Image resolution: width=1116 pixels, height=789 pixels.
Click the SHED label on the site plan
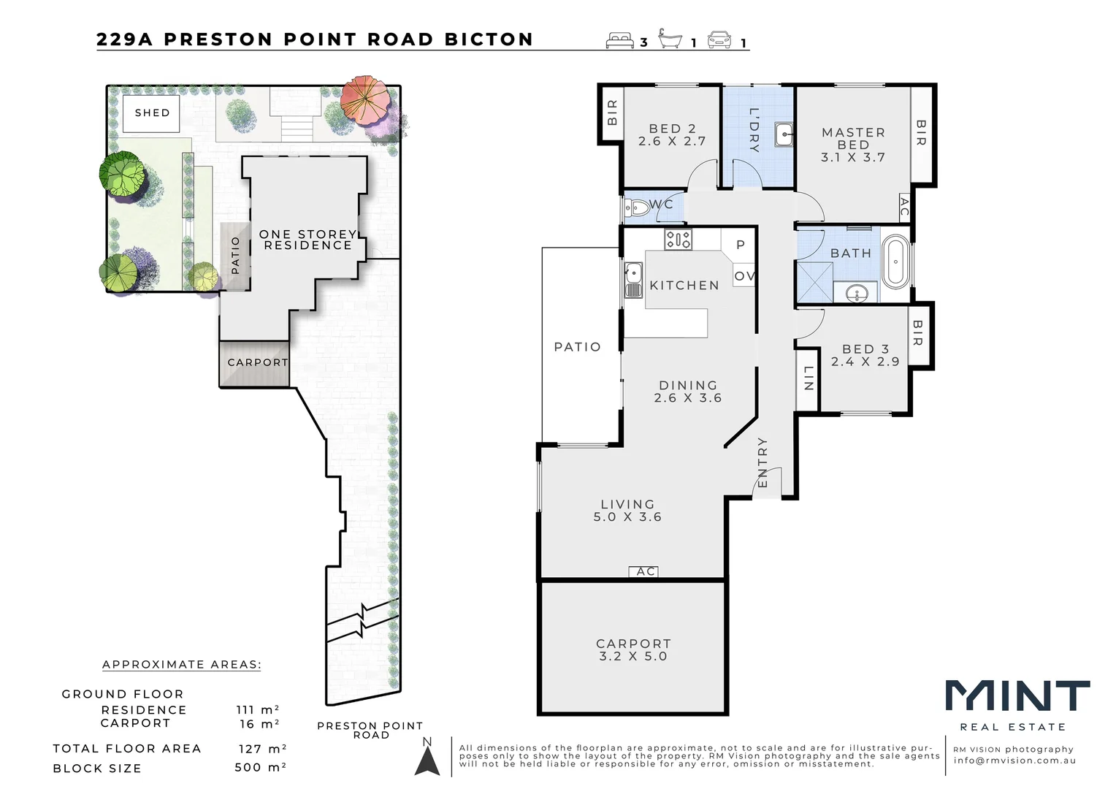[152, 113]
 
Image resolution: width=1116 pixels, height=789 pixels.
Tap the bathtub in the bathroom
[895, 262]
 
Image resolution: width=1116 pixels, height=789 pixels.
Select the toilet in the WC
[637, 208]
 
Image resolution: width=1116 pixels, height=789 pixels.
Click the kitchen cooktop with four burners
[678, 239]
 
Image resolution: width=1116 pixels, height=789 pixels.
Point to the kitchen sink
[632, 281]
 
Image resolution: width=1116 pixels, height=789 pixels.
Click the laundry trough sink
[784, 134]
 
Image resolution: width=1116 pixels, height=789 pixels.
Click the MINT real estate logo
[1017, 696]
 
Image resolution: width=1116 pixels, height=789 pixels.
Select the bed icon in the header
[619, 40]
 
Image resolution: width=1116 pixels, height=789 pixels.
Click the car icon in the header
[719, 40]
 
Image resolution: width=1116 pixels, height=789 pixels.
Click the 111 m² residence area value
[257, 710]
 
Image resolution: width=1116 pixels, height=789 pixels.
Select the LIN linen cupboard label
[808, 378]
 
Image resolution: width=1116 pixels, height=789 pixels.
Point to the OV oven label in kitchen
[744, 276]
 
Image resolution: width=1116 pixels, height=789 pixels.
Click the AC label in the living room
[645, 571]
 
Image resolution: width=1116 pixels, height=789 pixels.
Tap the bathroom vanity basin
[856, 294]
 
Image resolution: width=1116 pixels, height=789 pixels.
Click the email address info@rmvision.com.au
[1014, 761]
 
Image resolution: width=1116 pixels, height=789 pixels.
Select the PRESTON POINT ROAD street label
[370, 730]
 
